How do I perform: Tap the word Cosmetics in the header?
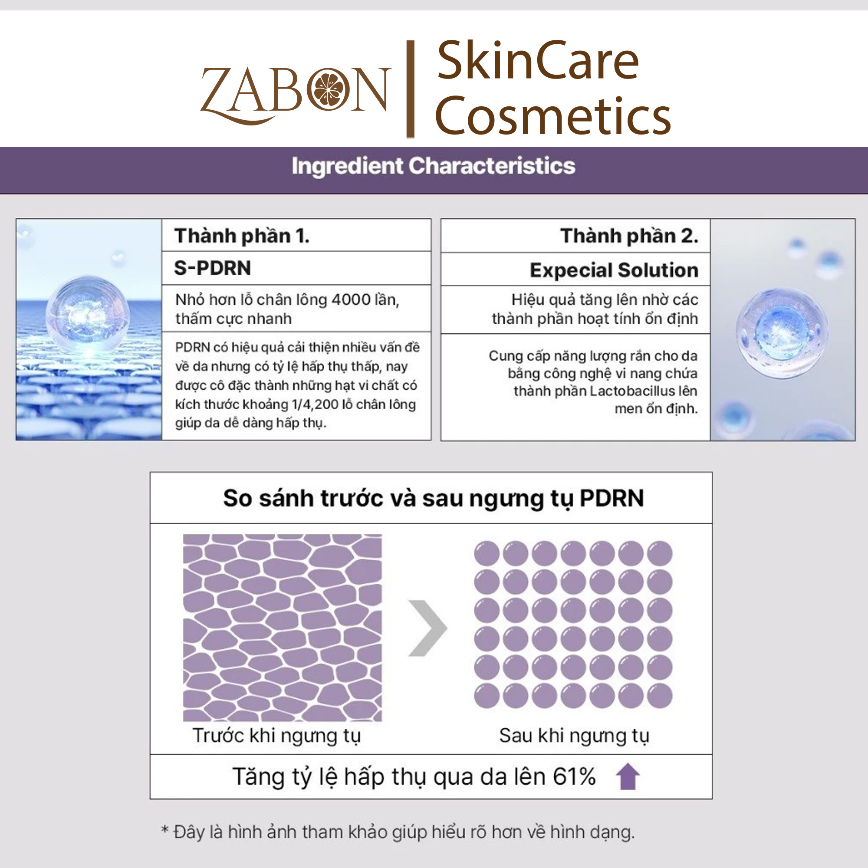(x=553, y=116)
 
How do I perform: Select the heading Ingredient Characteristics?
(x=434, y=166)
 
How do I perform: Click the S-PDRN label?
(x=213, y=268)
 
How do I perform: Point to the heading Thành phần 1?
(x=242, y=236)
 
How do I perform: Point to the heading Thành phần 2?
(x=629, y=236)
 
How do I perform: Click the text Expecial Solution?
(x=614, y=270)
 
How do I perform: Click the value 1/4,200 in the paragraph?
(x=315, y=404)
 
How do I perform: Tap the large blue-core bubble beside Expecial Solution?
(x=782, y=333)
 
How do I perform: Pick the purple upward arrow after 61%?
(x=628, y=777)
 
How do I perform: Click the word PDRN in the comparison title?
(x=612, y=498)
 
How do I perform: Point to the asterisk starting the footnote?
(x=165, y=829)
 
